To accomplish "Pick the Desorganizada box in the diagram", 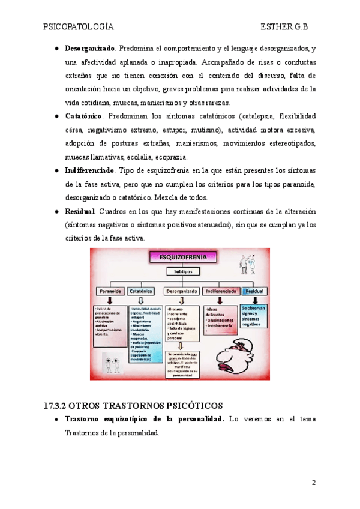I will coord(181,291).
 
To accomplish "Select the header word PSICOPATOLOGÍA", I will coord(78,27).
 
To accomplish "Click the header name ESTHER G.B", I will coord(287,27).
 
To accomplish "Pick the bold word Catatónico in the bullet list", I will coord(83,115).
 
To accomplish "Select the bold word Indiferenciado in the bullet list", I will coord(89,170).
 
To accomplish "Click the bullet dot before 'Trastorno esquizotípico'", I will coord(56,419).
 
